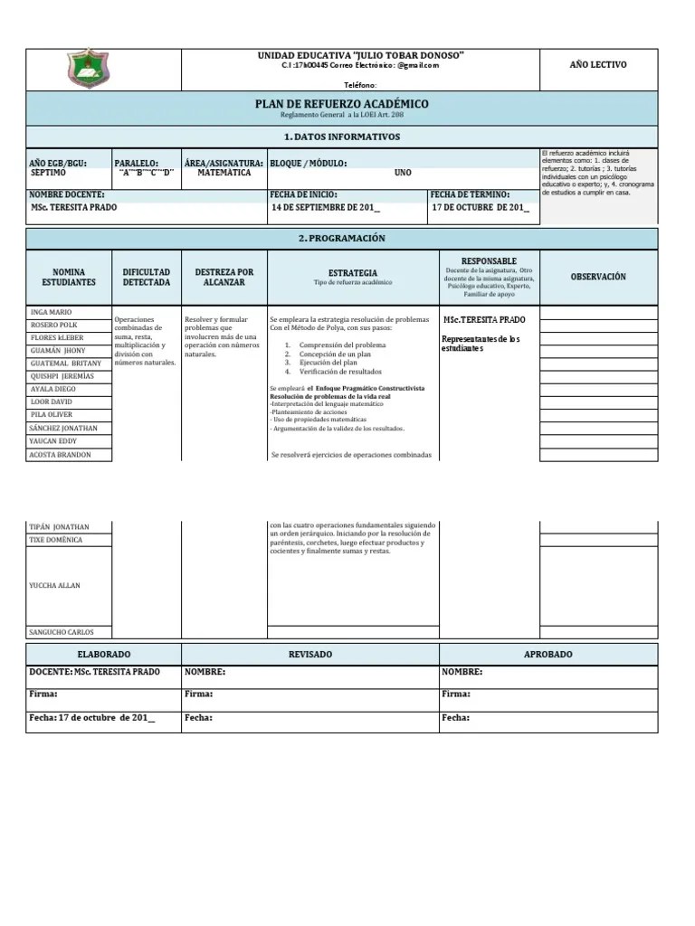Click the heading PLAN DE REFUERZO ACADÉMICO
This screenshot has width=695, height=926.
click(x=341, y=105)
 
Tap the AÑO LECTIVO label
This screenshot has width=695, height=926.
click(x=597, y=65)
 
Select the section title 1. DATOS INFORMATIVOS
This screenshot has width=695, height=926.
click(x=341, y=137)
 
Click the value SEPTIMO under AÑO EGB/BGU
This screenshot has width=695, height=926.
click(x=48, y=172)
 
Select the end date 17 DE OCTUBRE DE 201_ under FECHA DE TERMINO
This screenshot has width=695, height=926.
click(x=480, y=207)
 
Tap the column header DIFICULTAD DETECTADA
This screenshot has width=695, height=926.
click(x=146, y=277)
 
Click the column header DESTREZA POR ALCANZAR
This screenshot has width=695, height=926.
click(x=224, y=277)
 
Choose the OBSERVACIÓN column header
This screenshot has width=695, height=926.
click(x=597, y=277)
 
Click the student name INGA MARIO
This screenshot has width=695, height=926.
click(x=51, y=312)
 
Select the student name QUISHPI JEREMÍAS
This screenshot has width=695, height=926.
click(x=61, y=376)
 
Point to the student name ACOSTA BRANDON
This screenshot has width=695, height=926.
click(x=61, y=455)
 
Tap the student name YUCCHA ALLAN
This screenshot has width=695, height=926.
click(x=55, y=585)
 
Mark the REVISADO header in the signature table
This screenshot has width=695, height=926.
click(x=309, y=654)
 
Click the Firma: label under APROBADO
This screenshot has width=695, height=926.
click(x=455, y=694)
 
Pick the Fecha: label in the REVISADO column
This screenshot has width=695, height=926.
click(x=198, y=717)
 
